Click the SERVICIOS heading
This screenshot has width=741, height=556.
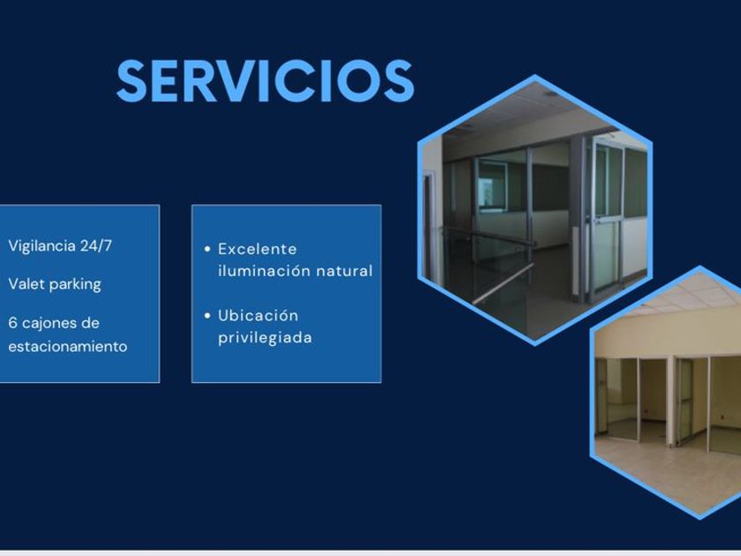[266, 81]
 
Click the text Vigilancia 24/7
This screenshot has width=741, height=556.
[60, 246]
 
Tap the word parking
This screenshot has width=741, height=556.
[75, 284]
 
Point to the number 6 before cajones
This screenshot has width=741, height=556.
[12, 323]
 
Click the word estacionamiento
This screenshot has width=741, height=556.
[68, 347]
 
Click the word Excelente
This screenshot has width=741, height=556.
[257, 249]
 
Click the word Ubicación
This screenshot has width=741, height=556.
[258, 315]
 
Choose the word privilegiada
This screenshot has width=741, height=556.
[265, 338]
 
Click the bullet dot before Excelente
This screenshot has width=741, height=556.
[207, 249]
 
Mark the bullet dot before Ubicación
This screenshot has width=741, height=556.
[207, 315]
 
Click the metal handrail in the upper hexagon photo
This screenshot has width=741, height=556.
[504, 283]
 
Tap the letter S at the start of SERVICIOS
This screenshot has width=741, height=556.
[131, 81]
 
